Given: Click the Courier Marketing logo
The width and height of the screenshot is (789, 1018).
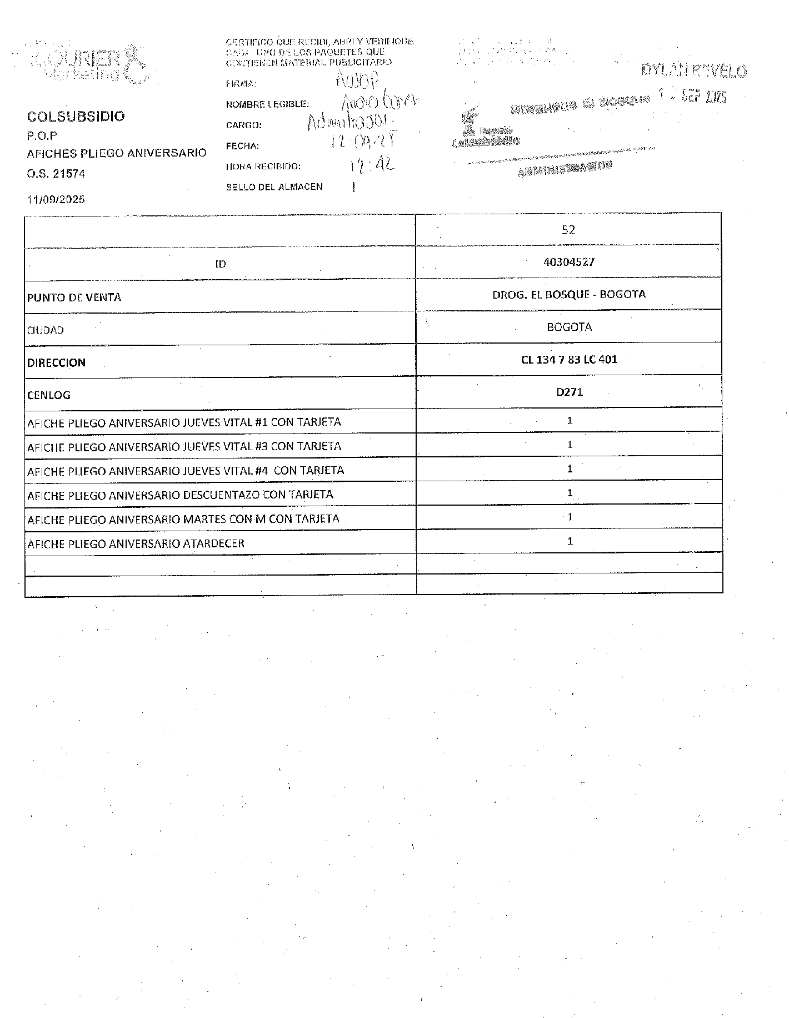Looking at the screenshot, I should (89, 64).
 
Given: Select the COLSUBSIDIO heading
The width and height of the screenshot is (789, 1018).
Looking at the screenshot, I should (76, 117).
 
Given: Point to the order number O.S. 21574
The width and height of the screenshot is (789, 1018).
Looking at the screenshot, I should (56, 174).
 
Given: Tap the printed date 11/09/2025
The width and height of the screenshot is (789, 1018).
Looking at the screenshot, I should (56, 199).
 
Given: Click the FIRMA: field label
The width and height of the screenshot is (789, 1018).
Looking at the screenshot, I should (241, 84).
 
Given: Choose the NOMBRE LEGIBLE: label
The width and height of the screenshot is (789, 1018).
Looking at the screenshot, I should (267, 104).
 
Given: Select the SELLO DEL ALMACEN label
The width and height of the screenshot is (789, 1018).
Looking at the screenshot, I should (274, 187).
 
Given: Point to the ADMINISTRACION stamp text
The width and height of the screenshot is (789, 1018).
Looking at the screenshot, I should (565, 169).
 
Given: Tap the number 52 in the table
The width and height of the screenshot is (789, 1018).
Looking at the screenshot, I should (568, 230).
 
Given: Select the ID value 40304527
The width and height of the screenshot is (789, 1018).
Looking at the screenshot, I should (569, 262).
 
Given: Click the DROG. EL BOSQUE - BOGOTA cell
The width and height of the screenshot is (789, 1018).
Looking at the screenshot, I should (569, 294).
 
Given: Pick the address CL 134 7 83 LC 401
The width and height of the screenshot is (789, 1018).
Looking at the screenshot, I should (569, 360).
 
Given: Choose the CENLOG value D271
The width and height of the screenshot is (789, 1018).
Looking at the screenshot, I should (570, 392).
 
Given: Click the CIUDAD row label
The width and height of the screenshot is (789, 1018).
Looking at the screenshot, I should (46, 330).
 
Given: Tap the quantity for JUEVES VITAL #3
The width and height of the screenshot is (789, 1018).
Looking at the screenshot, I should (570, 445).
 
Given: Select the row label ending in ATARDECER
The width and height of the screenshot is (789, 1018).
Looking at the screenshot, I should (136, 544).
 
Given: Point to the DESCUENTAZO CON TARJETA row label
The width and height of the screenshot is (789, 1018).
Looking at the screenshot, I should (180, 495).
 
